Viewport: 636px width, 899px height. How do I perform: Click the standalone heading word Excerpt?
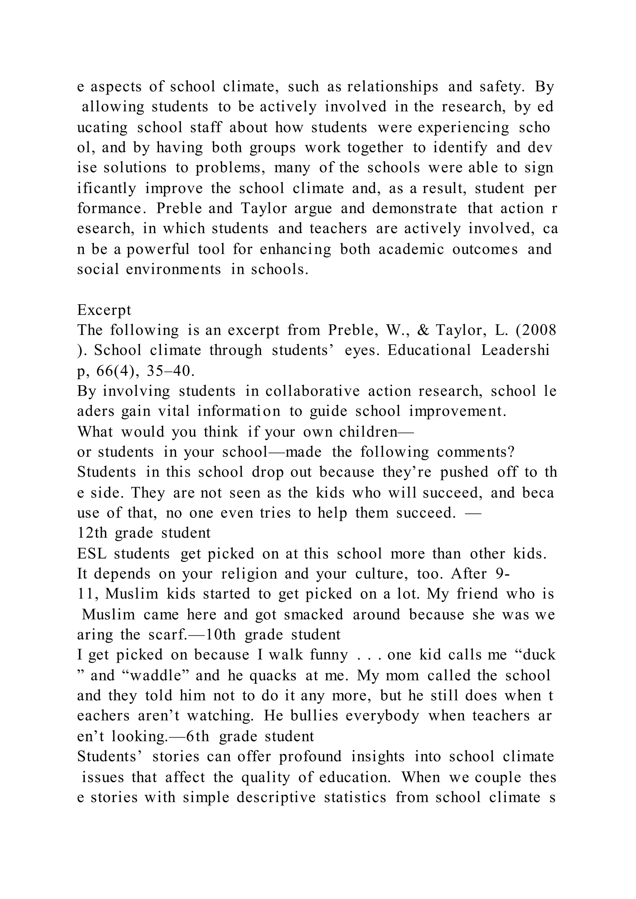(104, 310)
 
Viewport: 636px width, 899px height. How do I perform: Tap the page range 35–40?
(170, 371)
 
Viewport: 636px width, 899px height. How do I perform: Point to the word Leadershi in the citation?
(515, 350)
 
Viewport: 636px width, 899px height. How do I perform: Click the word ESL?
(91, 554)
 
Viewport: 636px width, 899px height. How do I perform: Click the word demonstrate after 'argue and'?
(414, 209)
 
